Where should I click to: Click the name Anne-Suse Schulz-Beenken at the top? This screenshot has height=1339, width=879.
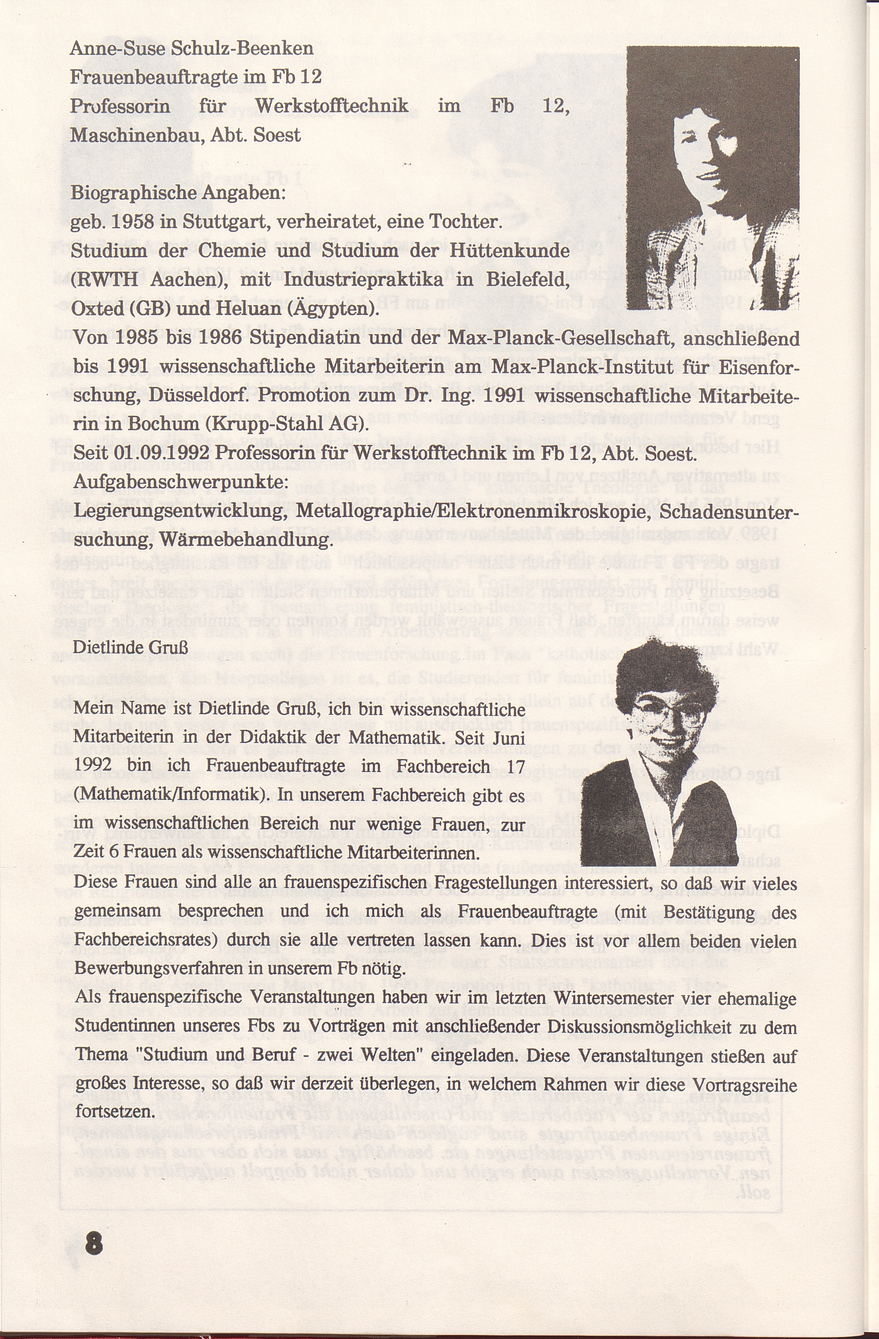click(191, 48)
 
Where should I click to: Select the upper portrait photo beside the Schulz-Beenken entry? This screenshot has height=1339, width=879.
click(712, 178)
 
